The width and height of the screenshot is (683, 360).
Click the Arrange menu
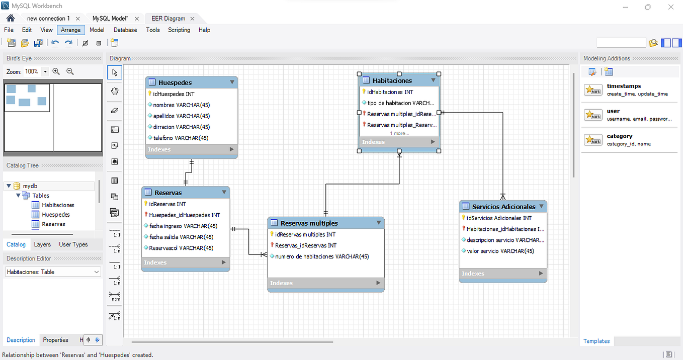(70, 30)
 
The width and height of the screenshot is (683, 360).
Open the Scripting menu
(179, 30)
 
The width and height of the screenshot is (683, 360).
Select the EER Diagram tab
(168, 19)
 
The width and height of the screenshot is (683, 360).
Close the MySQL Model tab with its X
(137, 19)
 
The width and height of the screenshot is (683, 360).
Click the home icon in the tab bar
(10, 18)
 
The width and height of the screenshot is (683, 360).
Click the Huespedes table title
(175, 82)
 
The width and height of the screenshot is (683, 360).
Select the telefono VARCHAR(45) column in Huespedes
(181, 138)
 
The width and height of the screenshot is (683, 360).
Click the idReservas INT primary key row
(167, 204)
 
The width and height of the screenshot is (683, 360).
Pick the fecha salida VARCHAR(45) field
(181, 237)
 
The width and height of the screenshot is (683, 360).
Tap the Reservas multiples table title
(309, 223)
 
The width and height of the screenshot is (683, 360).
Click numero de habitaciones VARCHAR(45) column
(322, 256)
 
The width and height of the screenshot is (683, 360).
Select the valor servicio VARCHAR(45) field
(500, 251)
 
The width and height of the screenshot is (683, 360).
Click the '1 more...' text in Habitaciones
(399, 134)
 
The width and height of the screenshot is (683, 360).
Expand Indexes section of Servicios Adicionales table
(541, 274)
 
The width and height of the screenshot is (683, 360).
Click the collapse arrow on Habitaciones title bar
(433, 80)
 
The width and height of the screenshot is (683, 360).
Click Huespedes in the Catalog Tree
(55, 215)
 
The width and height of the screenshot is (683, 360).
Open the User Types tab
(73, 245)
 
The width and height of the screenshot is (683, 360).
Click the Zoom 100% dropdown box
(36, 72)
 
